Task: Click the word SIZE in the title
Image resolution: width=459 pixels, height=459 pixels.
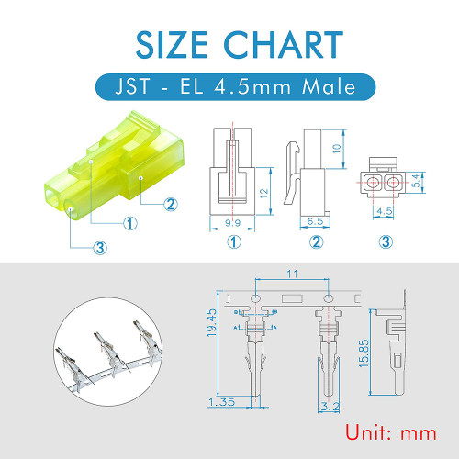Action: coord(172,45)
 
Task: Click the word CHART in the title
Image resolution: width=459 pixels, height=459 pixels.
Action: coord(284,45)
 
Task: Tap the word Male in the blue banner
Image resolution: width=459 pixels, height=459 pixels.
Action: coord(329,86)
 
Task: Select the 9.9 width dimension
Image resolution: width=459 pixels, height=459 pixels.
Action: coord(232,222)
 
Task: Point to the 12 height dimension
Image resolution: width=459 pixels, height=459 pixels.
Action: coord(263,193)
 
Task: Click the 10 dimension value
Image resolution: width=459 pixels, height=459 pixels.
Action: coord(336,149)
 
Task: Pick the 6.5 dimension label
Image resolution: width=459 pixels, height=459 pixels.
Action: coord(315,221)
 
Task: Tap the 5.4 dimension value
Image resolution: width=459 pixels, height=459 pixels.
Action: coord(416,181)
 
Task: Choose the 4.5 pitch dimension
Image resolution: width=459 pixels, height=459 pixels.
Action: coord(385,211)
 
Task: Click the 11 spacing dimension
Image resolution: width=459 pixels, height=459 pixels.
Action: coord(292,274)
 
